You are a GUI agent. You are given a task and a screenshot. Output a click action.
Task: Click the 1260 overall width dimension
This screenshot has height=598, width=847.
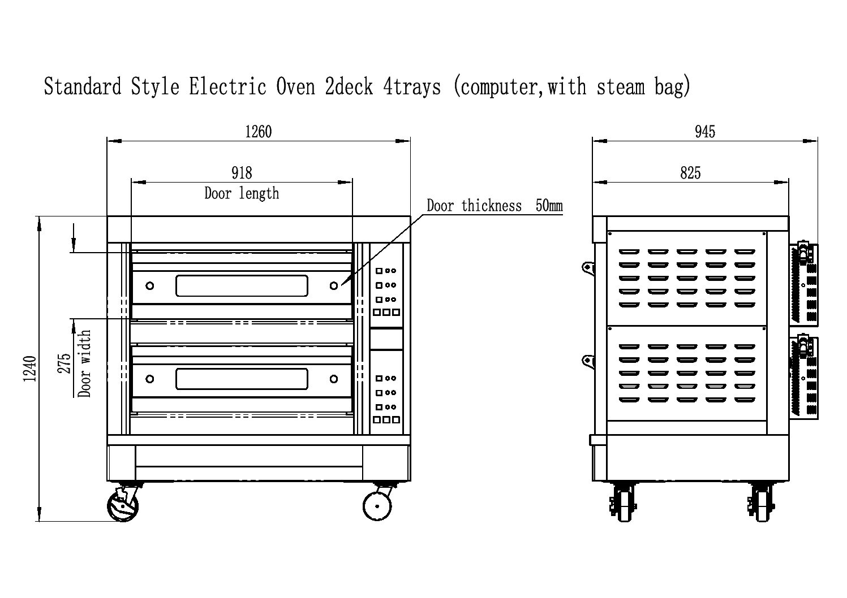click(x=258, y=132)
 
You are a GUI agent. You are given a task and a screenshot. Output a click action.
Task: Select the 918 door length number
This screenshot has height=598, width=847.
click(x=242, y=173)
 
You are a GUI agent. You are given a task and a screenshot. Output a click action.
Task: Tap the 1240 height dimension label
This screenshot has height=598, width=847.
click(x=30, y=369)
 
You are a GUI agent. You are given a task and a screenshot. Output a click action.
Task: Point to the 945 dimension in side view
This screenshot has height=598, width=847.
click(x=705, y=132)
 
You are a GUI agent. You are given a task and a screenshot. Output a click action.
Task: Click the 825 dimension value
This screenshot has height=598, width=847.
click(x=690, y=173)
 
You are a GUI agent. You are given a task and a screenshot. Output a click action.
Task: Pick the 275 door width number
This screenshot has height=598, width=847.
click(x=65, y=363)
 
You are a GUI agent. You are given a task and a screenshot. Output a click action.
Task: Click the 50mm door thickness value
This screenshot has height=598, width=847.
click(x=549, y=206)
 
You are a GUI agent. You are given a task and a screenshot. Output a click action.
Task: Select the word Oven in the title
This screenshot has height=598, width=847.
click(x=295, y=86)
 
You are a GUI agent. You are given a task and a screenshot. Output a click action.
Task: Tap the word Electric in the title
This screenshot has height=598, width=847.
click(x=227, y=86)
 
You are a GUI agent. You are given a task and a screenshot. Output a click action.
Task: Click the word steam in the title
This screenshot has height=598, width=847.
click(x=621, y=87)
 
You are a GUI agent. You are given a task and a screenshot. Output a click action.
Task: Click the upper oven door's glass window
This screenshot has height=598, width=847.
click(x=242, y=285)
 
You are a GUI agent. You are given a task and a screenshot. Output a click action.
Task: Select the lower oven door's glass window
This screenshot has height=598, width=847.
click(x=242, y=379)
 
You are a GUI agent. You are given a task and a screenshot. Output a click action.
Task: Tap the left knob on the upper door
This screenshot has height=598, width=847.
click(x=150, y=285)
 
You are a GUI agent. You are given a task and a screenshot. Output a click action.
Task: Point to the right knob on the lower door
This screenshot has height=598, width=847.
click(x=333, y=379)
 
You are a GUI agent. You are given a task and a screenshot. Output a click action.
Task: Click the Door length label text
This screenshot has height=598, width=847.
click(x=242, y=193)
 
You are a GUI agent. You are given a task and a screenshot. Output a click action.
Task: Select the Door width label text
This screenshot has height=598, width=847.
click(x=84, y=363)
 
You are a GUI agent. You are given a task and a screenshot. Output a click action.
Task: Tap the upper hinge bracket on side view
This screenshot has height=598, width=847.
click(x=588, y=268)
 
